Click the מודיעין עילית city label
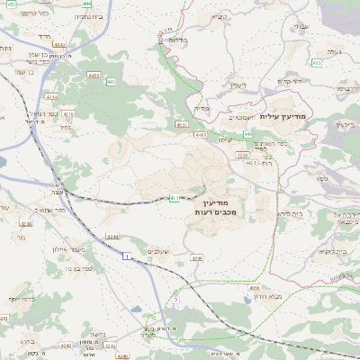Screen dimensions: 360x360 point(283,117)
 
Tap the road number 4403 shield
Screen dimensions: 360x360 point(94,76)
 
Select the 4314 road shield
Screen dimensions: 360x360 point(51,96)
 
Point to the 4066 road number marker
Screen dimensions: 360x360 point(256,289)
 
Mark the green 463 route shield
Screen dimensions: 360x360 point(317,63)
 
